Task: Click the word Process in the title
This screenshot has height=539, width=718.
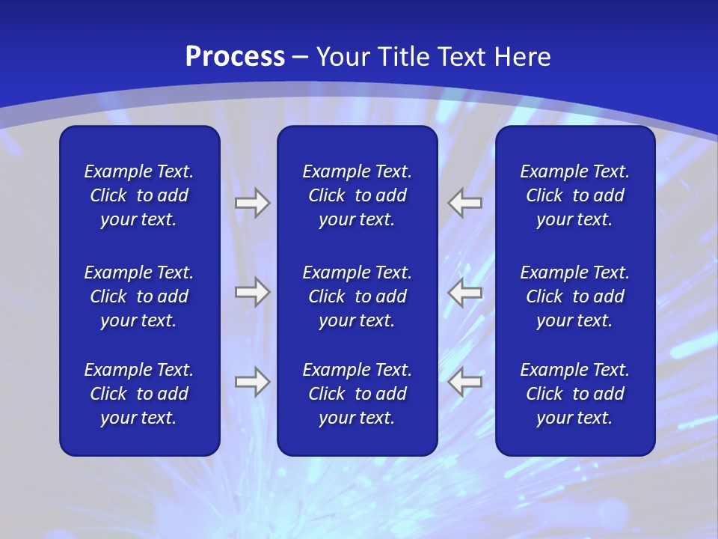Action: (x=235, y=57)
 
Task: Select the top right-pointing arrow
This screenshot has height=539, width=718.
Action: (x=252, y=203)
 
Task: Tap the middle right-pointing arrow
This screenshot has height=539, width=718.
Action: (x=252, y=292)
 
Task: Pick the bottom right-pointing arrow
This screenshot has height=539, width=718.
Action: (x=252, y=382)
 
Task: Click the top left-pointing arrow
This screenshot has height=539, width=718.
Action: (x=465, y=203)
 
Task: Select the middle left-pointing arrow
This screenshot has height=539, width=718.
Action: (x=465, y=292)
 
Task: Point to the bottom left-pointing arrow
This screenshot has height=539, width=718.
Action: (x=465, y=382)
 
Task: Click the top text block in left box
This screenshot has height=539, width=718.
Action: (x=139, y=195)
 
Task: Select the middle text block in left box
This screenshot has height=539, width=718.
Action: (x=139, y=296)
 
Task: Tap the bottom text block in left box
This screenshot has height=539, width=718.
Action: (x=139, y=394)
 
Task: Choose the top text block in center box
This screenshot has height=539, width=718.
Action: (x=357, y=195)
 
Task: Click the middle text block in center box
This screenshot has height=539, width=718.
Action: (x=357, y=296)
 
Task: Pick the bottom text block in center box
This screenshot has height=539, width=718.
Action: (x=357, y=394)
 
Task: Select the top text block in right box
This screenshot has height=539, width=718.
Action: (x=574, y=195)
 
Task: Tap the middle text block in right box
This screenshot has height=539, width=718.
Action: (x=574, y=296)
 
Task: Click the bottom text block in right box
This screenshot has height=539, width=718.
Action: (x=574, y=394)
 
